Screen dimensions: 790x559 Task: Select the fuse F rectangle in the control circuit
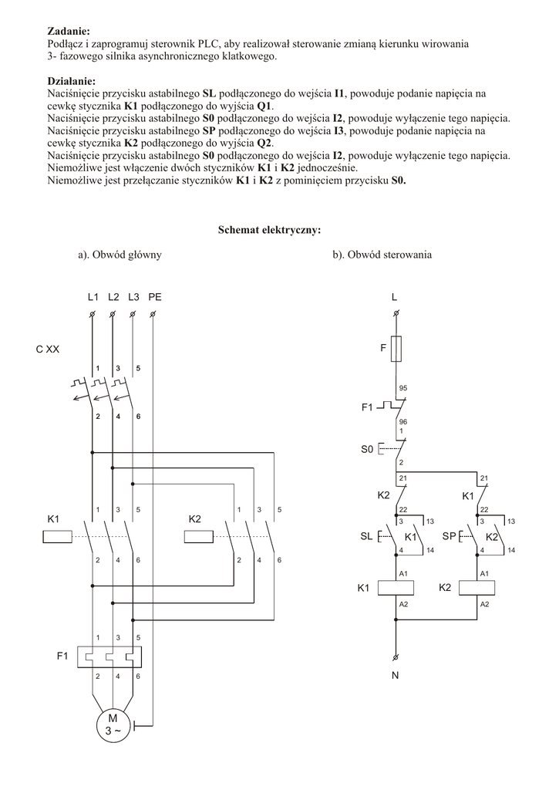click(x=396, y=349)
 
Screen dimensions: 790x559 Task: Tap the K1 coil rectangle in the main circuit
click(x=56, y=536)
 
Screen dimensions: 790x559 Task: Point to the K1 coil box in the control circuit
click(x=396, y=588)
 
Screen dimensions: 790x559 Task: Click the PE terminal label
click(x=154, y=297)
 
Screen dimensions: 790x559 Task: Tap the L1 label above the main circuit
click(x=93, y=297)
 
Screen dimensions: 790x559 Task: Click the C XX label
click(x=47, y=349)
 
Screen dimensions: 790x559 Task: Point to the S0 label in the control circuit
click(x=367, y=447)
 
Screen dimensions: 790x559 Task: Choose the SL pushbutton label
click(x=366, y=536)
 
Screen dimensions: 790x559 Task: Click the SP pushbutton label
click(x=450, y=536)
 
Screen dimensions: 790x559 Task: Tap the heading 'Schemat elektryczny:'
click(x=269, y=229)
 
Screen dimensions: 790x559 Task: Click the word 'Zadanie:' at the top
click(x=69, y=31)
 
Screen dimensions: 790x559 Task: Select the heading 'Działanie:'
click(x=72, y=81)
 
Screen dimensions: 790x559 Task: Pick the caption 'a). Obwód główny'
click(x=120, y=254)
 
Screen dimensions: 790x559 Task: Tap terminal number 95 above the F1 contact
click(x=402, y=388)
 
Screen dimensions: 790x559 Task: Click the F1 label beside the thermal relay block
click(x=62, y=657)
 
